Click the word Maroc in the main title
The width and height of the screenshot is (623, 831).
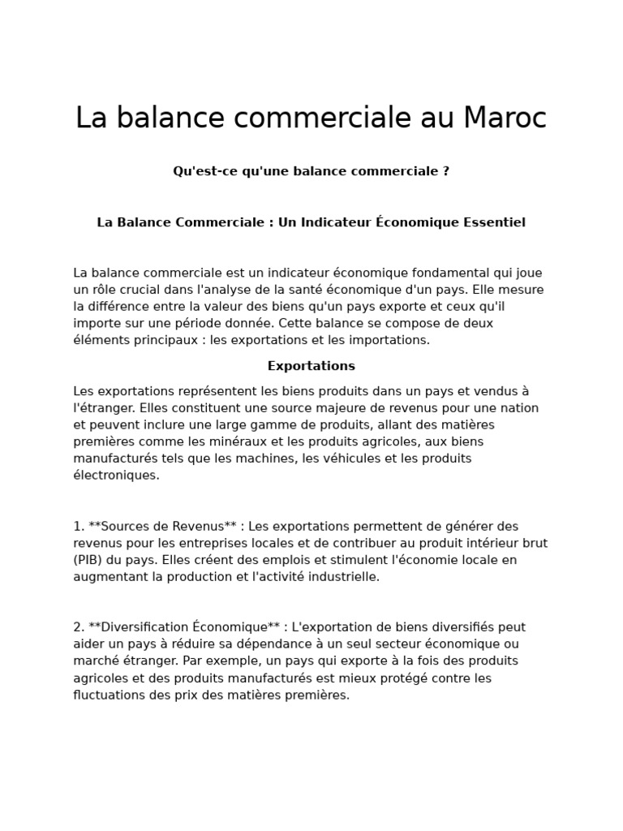tap(505, 118)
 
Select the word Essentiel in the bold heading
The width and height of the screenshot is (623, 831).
tap(494, 222)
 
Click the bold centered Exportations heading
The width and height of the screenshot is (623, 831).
tap(311, 366)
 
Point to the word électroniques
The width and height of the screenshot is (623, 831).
tap(116, 476)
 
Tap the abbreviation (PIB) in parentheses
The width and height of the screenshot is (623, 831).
tap(88, 560)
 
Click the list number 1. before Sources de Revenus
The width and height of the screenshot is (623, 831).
tap(79, 526)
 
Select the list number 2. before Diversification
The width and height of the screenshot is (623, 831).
tap(79, 627)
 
